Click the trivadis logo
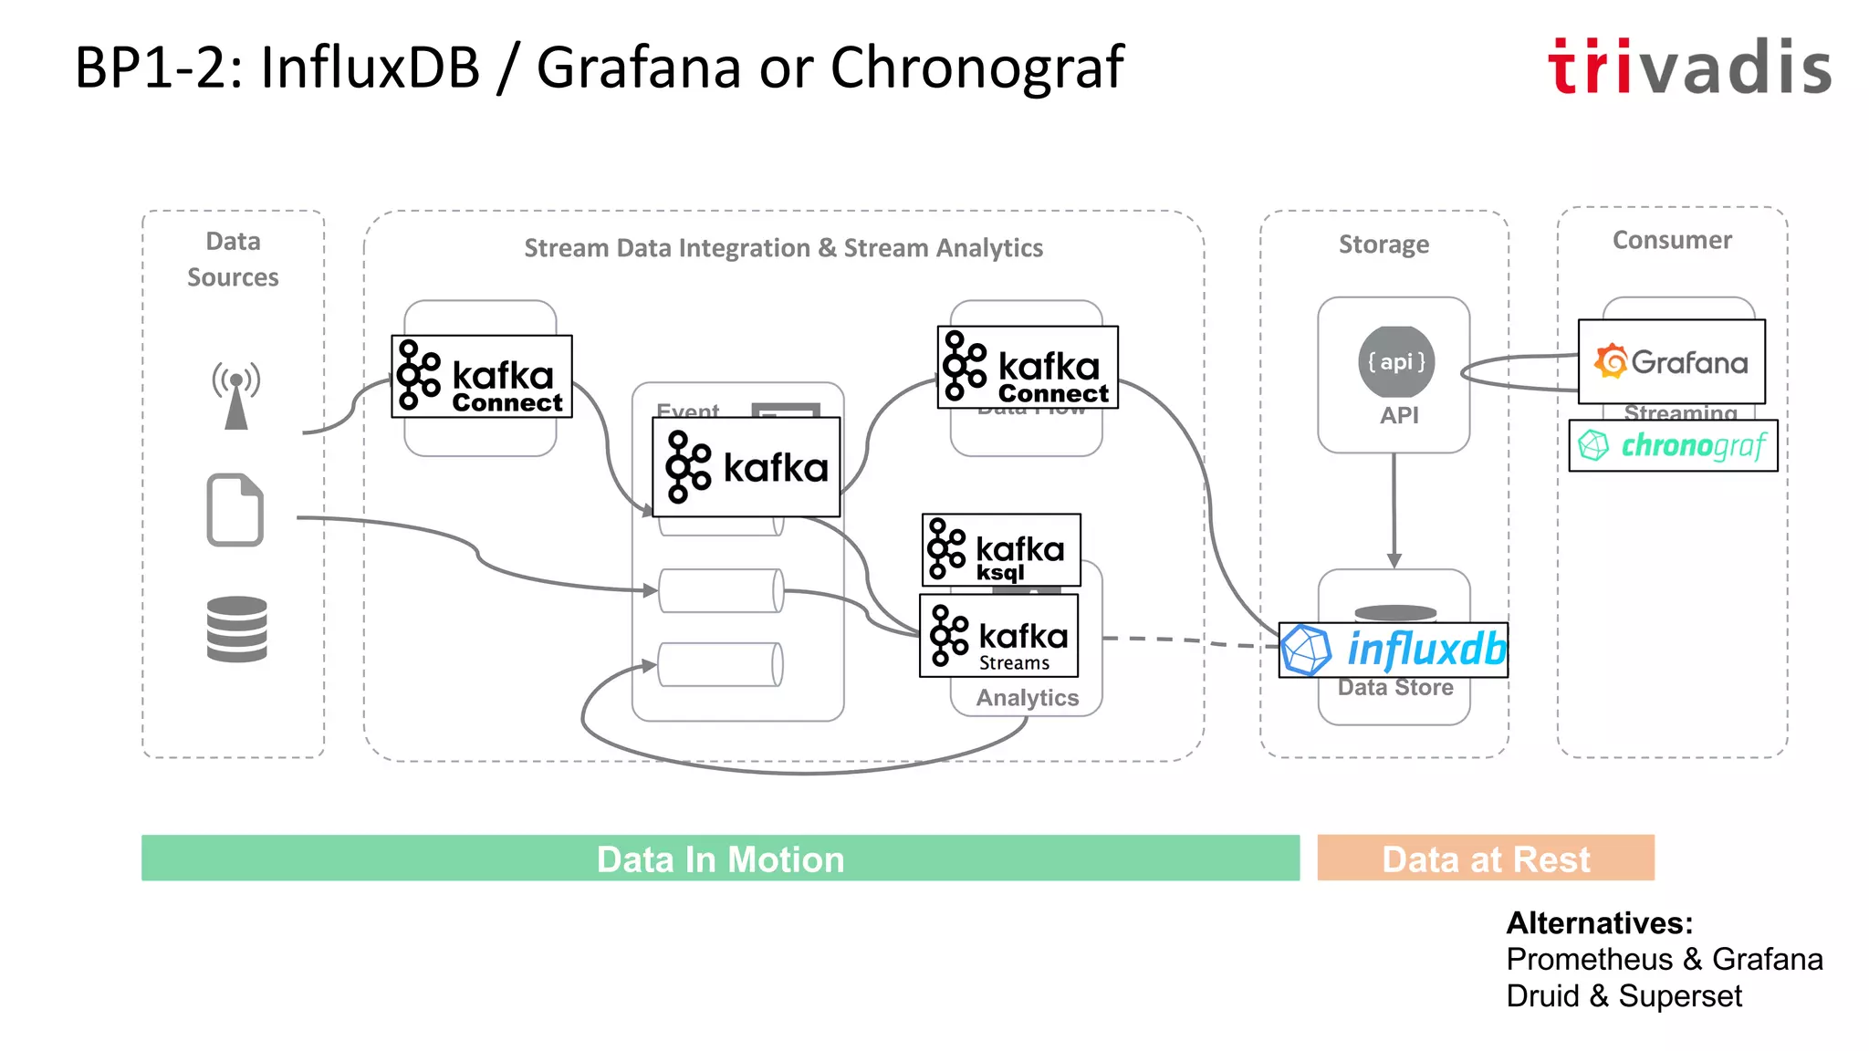point(1689,67)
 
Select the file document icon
point(235,510)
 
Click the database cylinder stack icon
point(236,629)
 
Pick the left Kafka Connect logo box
point(481,377)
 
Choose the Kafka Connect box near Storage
point(1028,368)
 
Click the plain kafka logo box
point(746,467)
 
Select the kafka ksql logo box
point(1001,550)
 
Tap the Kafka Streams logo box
point(998,636)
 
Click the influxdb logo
point(1393,650)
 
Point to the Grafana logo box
point(1671,362)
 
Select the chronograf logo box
point(1673,445)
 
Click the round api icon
point(1395,362)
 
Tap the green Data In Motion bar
point(720,858)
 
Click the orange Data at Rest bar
point(1485,858)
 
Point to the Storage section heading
point(1383,245)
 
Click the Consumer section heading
point(1671,240)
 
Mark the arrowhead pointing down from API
point(1394,559)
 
